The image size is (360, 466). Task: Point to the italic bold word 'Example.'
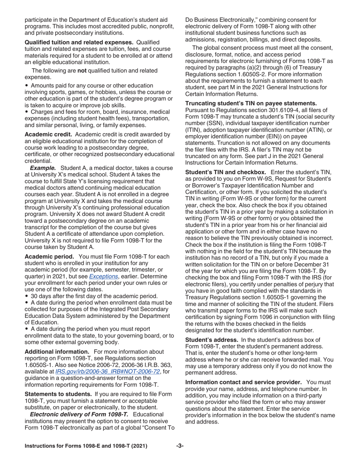(x=43, y=168)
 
